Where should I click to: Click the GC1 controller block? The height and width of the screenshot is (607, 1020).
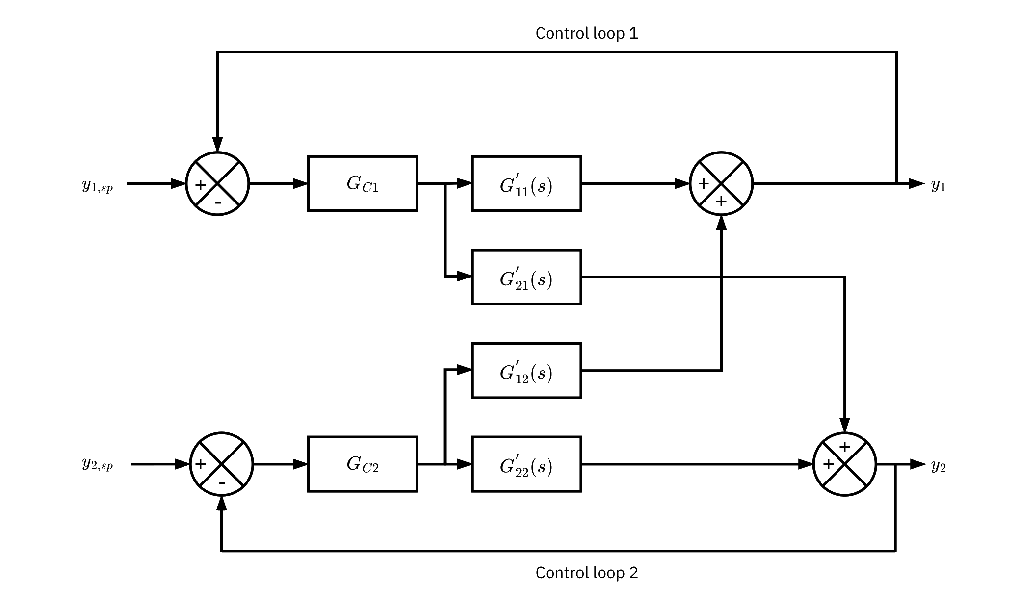[363, 184]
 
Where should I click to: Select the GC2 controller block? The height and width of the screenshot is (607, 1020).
[363, 464]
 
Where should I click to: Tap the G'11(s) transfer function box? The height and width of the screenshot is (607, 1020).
[526, 184]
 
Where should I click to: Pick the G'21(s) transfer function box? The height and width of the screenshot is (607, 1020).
[526, 277]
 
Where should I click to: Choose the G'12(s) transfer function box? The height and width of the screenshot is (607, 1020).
[526, 371]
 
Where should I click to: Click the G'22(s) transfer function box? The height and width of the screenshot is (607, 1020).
[526, 464]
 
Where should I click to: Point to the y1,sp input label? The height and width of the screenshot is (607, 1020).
[98, 186]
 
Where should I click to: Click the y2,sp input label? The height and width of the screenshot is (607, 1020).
[98, 465]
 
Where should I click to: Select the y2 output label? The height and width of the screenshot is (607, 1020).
[938, 465]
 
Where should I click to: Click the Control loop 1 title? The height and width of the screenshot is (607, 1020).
[587, 33]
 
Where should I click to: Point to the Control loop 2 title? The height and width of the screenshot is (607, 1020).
[587, 573]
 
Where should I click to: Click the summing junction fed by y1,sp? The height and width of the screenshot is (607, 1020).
[218, 184]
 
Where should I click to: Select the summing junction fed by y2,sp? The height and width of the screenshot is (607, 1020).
[222, 464]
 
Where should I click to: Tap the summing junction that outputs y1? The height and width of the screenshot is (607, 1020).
[721, 184]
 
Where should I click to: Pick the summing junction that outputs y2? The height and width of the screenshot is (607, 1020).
[844, 464]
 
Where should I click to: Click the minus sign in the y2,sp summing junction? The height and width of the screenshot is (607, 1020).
[222, 483]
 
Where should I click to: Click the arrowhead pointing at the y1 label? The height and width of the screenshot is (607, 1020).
[916, 184]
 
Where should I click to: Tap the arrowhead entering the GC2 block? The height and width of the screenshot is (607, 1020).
[300, 464]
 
